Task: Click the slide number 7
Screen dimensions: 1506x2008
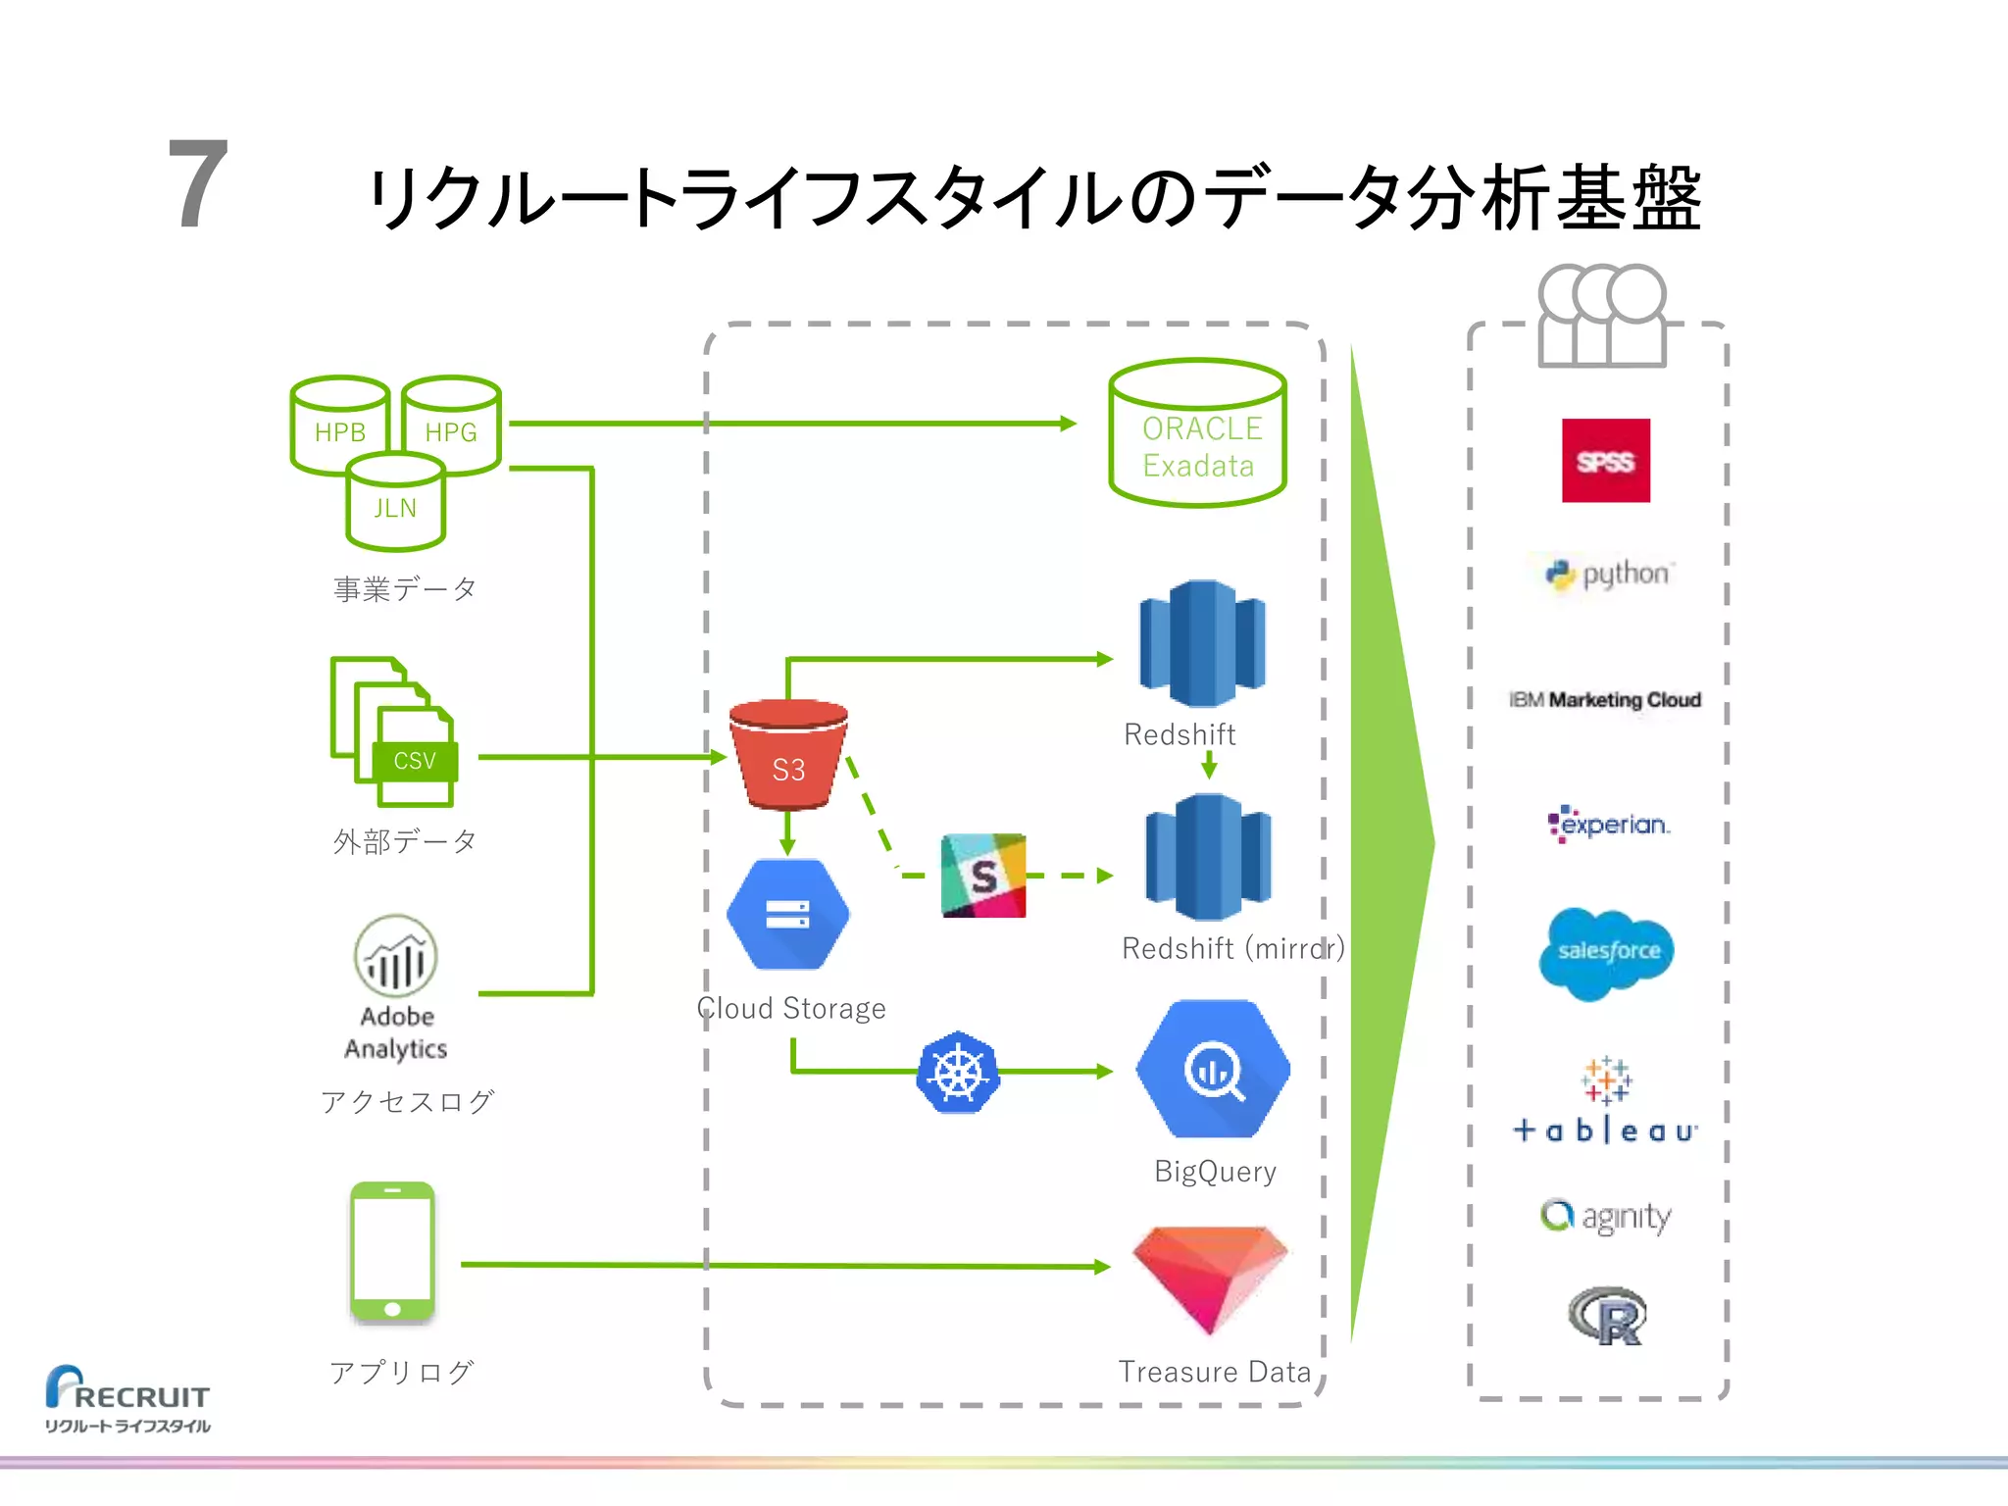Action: [x=198, y=184]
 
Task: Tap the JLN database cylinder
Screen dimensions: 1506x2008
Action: [x=395, y=502]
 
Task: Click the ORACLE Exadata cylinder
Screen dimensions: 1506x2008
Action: [x=1197, y=433]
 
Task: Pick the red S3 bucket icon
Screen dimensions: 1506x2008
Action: [x=788, y=754]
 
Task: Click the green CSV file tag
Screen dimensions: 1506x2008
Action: [x=415, y=761]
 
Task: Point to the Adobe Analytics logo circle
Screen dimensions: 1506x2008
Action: [x=395, y=955]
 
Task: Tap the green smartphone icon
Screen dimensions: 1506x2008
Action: [x=392, y=1252]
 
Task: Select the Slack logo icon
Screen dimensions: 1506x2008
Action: [x=983, y=876]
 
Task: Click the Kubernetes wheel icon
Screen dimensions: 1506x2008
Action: [x=958, y=1072]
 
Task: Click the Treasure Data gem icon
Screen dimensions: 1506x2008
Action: [x=1210, y=1278]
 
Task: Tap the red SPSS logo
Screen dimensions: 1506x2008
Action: [x=1605, y=461]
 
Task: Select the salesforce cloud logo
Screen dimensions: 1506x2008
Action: [x=1606, y=952]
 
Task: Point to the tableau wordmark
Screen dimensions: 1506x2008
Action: [x=1605, y=1130]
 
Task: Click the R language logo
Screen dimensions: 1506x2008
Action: [x=1608, y=1316]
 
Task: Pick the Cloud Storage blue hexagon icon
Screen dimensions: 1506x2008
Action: [x=787, y=914]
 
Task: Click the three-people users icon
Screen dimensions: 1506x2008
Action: [x=1601, y=316]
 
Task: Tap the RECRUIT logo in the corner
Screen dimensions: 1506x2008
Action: [x=127, y=1398]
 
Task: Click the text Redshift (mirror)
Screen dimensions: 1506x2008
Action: [x=1232, y=948]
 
